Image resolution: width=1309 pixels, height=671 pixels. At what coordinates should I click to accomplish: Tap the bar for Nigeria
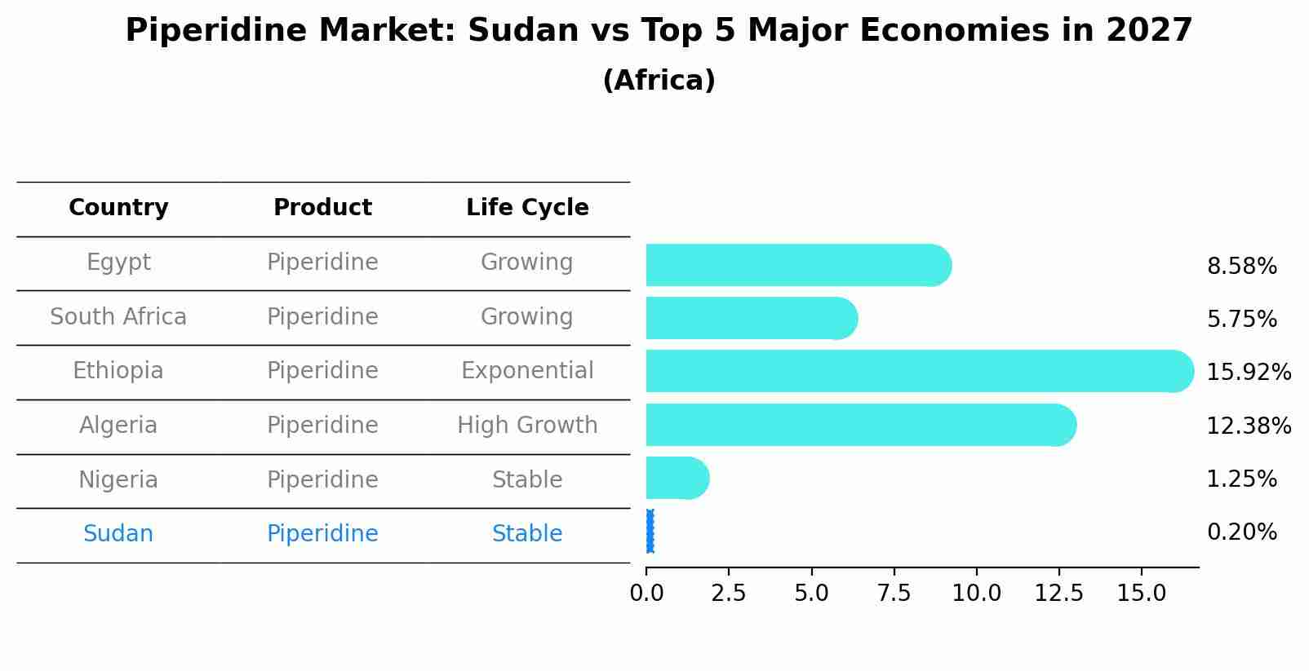[x=677, y=478]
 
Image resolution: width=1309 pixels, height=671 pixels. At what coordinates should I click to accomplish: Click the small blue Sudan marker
[x=650, y=532]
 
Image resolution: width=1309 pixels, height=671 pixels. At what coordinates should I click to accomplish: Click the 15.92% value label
[x=1249, y=373]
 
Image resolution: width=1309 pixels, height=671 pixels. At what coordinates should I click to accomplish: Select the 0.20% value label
[x=1241, y=532]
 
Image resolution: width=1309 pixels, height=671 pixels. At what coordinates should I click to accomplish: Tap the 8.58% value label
[x=1241, y=267]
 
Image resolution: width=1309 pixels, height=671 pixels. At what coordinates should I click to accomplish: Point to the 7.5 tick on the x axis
[x=894, y=594]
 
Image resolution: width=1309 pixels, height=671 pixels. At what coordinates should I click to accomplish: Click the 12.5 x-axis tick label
[x=1058, y=594]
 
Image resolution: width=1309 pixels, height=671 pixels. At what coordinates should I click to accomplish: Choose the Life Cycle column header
[x=527, y=208]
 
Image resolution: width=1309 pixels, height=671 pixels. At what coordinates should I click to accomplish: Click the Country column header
[x=118, y=208]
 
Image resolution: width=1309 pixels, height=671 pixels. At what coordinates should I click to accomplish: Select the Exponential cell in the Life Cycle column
[x=527, y=371]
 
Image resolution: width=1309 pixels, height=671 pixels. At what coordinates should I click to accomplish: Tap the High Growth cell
[x=527, y=426]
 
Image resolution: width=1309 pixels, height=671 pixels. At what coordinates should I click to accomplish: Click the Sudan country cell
[x=118, y=534]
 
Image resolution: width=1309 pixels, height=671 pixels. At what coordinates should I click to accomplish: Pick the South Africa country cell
[x=118, y=316]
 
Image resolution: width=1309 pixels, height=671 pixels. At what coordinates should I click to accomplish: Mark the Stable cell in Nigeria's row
[x=527, y=480]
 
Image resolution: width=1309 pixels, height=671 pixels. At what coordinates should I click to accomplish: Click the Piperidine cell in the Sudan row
[x=322, y=534]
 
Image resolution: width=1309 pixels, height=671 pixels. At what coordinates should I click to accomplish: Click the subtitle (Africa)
[x=659, y=81]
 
